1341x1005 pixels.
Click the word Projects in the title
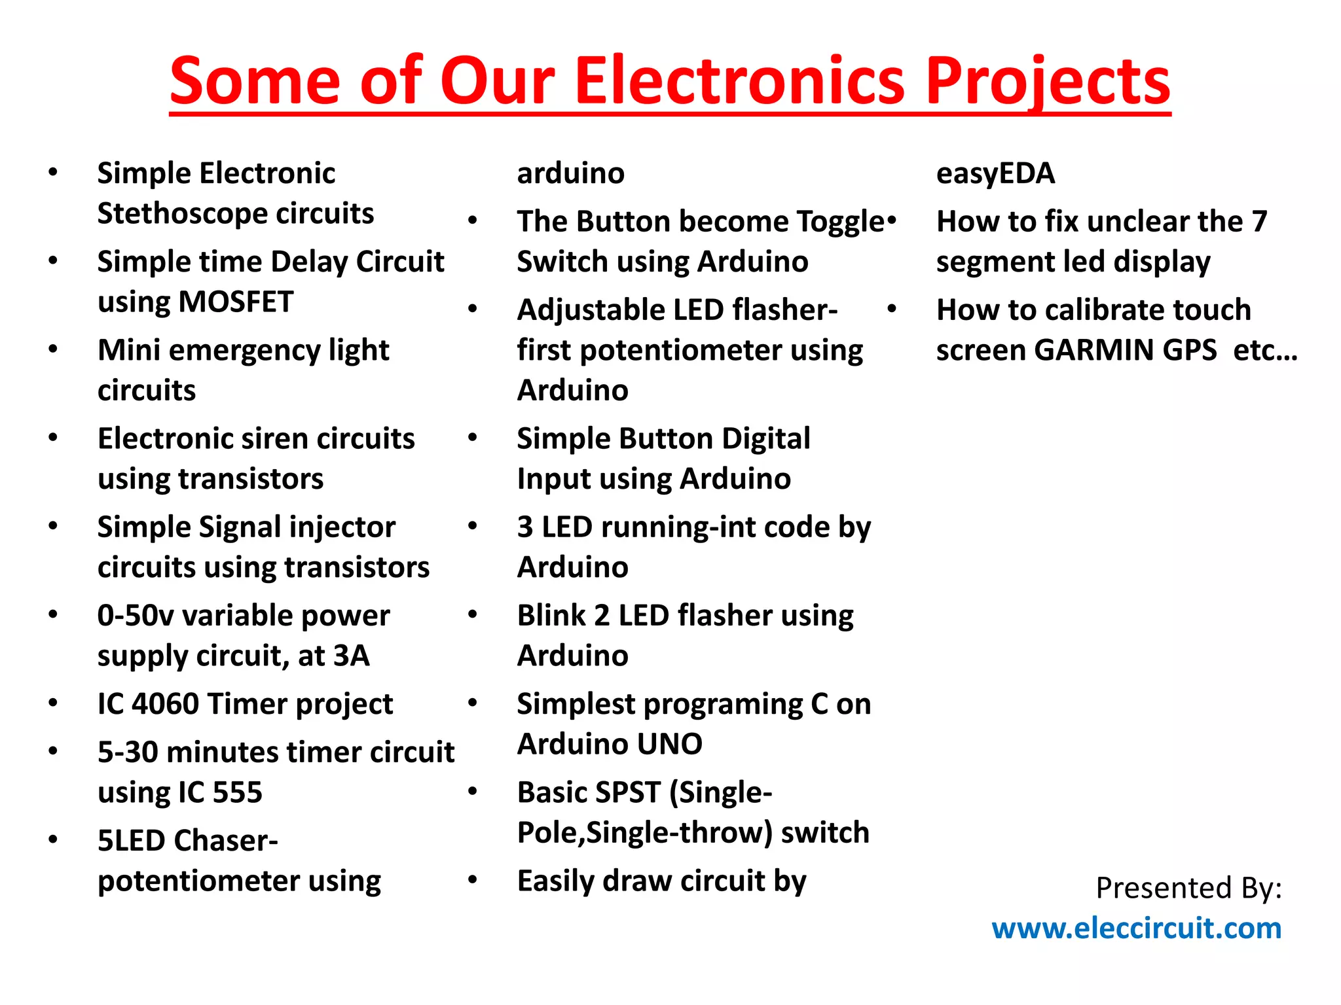1048,82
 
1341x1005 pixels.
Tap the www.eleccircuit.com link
1136,928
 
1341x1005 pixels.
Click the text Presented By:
1188,888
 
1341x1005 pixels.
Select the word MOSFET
236,302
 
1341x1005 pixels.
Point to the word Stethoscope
181,214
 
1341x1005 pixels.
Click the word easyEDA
995,173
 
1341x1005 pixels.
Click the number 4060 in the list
165,704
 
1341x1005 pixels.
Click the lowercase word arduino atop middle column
570,173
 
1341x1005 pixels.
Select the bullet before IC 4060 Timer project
53,703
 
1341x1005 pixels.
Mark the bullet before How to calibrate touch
892,309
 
